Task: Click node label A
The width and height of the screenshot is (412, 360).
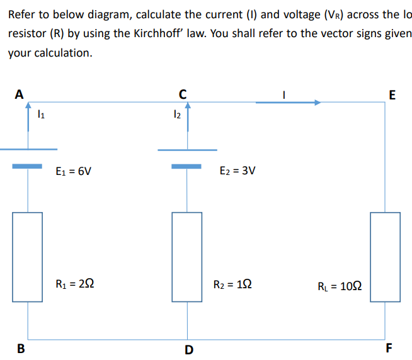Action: (x=20, y=95)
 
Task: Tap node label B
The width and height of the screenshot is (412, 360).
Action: (x=20, y=348)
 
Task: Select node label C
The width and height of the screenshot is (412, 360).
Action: (x=182, y=95)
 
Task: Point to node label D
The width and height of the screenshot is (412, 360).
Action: (x=189, y=349)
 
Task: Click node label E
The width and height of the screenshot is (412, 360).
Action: (x=393, y=96)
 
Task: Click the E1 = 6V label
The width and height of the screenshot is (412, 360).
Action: (x=74, y=171)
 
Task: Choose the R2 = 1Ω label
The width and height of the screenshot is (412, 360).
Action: (x=234, y=285)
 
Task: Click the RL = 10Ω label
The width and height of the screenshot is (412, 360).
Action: (x=344, y=287)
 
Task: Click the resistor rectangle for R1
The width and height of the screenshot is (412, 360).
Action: (x=28, y=257)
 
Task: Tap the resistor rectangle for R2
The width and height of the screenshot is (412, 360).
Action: (x=187, y=257)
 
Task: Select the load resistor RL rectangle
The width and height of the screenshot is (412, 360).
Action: (x=385, y=257)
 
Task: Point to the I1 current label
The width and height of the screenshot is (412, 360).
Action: (x=41, y=115)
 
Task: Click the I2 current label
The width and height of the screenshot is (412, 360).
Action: (x=178, y=115)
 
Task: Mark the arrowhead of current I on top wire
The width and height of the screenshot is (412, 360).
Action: (x=317, y=102)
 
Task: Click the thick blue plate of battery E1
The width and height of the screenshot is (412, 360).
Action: (x=28, y=166)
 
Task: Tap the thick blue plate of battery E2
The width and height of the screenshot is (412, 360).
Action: (x=187, y=166)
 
